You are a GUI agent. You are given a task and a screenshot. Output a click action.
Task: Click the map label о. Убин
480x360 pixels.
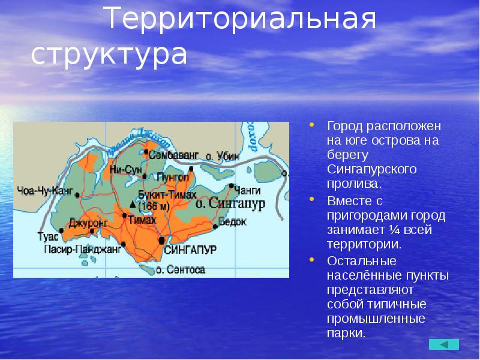(x=223, y=156)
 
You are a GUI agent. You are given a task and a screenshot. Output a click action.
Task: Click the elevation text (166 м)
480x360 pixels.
(x=155, y=206)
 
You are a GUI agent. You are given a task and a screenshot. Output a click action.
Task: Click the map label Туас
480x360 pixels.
(x=49, y=236)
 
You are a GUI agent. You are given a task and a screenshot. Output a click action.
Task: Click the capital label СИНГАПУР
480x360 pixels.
(x=190, y=248)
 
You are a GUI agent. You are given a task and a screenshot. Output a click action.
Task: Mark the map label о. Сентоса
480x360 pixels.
(x=181, y=270)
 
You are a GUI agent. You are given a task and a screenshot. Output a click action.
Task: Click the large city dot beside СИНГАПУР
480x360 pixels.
(x=161, y=241)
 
